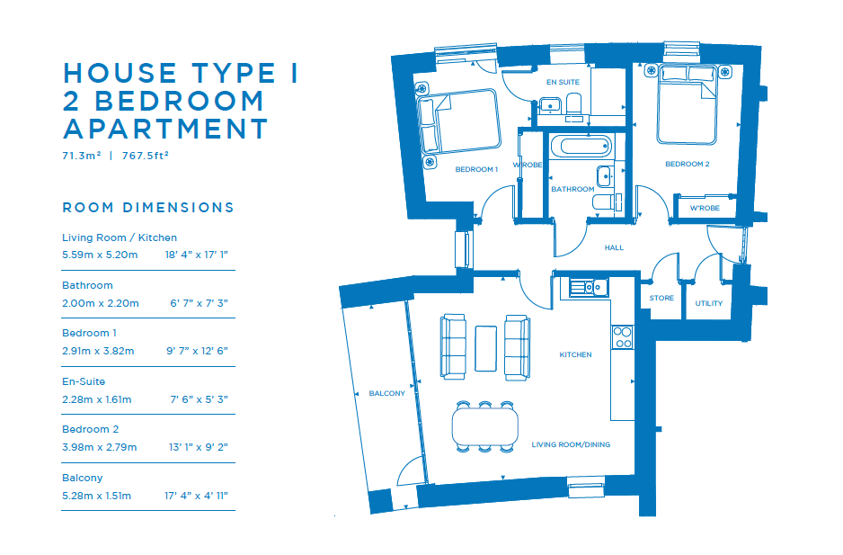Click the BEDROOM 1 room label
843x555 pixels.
[476, 169]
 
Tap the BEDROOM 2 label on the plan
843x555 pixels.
[688, 164]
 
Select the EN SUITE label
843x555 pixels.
[563, 82]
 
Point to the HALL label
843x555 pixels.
[614, 247]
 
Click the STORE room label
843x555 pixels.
[661, 298]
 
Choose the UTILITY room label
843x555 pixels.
[708, 303]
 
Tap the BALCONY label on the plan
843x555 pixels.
[387, 393]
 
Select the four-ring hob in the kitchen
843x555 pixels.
[623, 337]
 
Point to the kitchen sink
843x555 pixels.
[589, 288]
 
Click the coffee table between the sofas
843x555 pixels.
[485, 348]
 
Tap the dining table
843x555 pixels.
[485, 425]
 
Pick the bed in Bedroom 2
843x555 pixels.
[688, 104]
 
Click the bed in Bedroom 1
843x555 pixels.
[459, 121]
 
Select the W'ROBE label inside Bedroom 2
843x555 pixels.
[705, 208]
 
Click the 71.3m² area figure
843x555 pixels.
[82, 156]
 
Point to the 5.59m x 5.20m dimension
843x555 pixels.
[100, 255]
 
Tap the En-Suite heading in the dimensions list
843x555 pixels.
[84, 381]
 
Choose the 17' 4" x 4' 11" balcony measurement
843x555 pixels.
[196, 496]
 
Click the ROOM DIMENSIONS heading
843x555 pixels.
[148, 208]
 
